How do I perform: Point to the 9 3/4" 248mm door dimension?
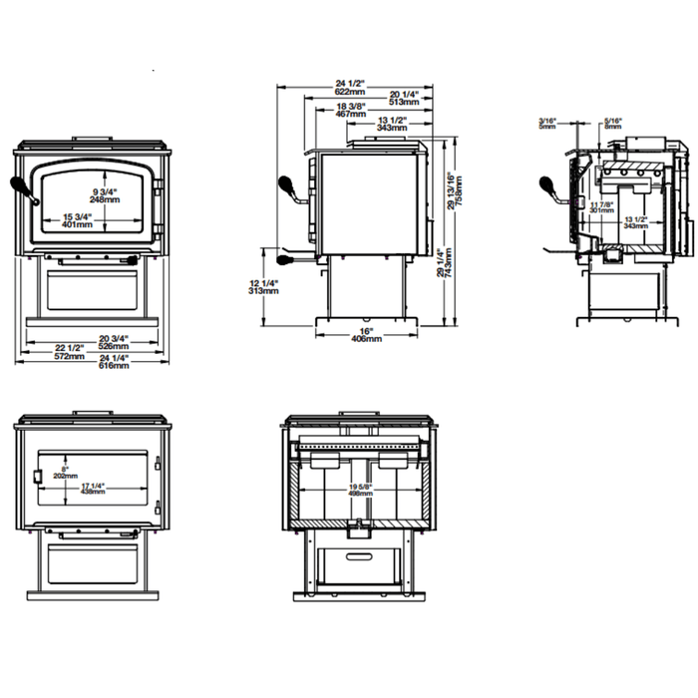(x=105, y=194)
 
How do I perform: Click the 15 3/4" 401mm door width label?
(x=78, y=220)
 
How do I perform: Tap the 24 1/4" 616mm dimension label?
(x=113, y=362)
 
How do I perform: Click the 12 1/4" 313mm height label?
(x=265, y=287)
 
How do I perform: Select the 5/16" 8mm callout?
(x=612, y=123)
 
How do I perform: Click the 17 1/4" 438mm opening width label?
(x=93, y=489)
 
